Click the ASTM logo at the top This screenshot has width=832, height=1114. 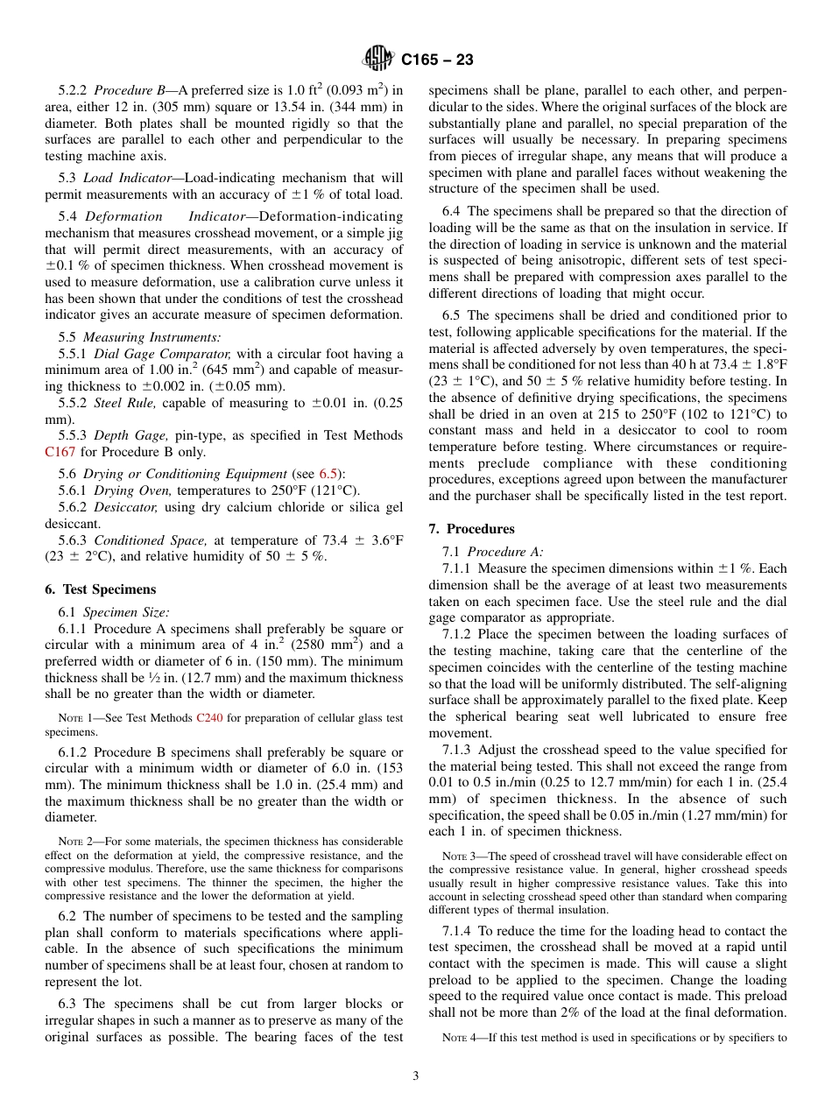click(378, 60)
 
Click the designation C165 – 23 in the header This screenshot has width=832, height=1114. click(437, 60)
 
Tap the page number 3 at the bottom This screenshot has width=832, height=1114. click(416, 1075)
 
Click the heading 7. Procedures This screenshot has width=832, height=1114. click(471, 529)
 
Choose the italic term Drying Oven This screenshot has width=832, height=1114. click(126, 490)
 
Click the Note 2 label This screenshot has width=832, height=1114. click(76, 842)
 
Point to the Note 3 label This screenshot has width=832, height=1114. click(459, 856)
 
